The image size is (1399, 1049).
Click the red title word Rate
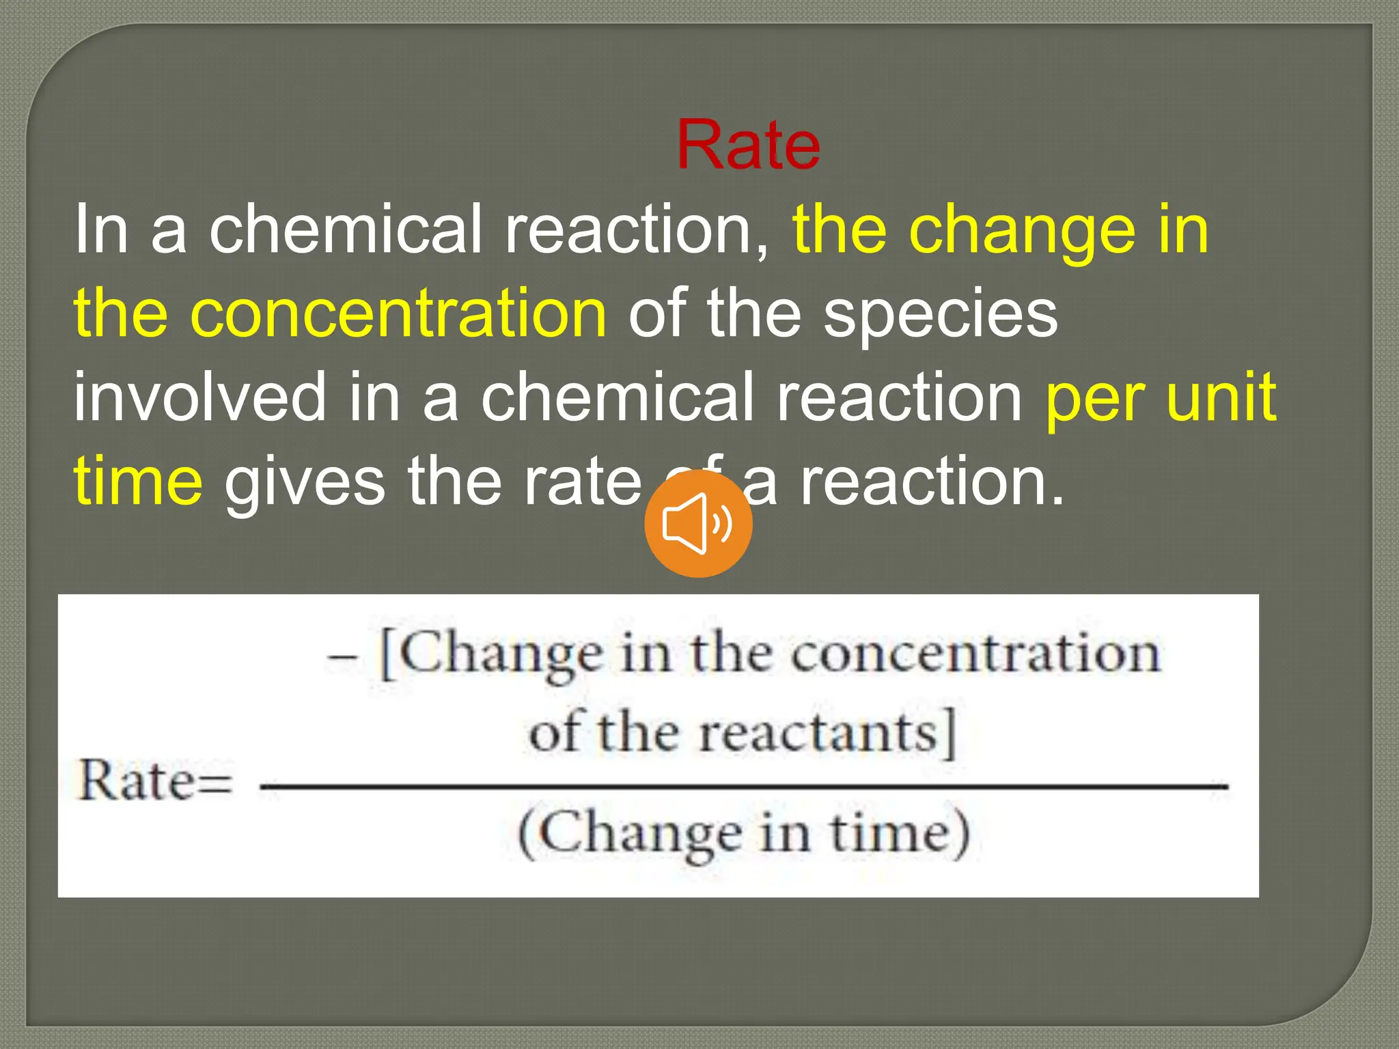point(748,145)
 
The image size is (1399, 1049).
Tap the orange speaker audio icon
point(698,524)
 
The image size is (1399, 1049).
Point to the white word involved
point(200,397)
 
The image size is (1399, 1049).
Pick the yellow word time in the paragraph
point(138,481)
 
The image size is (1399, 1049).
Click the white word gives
point(305,482)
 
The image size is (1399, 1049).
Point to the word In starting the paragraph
point(101,229)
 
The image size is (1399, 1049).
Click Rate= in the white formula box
point(156,781)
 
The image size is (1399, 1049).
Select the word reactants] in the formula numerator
point(827,733)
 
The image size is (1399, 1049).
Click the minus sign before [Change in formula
point(342,657)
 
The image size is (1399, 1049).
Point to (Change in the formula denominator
point(629,834)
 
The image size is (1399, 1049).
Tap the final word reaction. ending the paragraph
point(932,481)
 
